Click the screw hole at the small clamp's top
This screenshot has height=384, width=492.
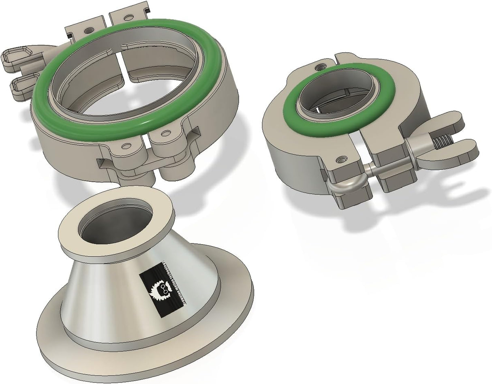click(322, 66)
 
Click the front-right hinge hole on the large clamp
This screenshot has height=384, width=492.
click(165, 132)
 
